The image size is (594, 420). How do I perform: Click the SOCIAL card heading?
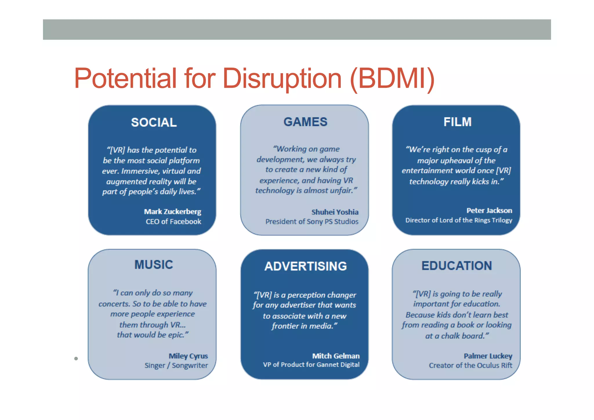tap(154, 122)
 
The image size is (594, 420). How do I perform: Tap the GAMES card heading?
tap(305, 122)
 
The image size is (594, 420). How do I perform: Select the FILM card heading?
tap(457, 122)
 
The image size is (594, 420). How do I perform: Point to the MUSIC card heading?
tap(154, 265)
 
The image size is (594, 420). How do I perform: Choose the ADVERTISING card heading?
tap(305, 266)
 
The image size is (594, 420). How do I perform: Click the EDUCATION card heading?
tap(457, 266)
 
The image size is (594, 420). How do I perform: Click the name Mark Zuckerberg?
tap(173, 212)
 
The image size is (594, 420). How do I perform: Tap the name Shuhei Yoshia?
tap(335, 212)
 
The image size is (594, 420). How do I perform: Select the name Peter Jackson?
tap(489, 210)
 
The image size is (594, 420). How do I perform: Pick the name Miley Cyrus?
tap(188, 356)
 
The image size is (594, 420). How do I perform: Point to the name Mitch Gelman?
tap(336, 356)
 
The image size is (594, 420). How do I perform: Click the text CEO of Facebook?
tap(173, 222)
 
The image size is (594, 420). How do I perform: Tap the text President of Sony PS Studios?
tap(312, 222)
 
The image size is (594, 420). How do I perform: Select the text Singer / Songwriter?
tap(176, 365)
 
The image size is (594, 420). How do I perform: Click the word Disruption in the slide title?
tap(282, 78)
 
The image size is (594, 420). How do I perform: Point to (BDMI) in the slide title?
tap(392, 78)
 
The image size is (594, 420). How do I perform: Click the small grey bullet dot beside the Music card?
tap(76, 358)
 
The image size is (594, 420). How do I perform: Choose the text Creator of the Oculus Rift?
tap(470, 365)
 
